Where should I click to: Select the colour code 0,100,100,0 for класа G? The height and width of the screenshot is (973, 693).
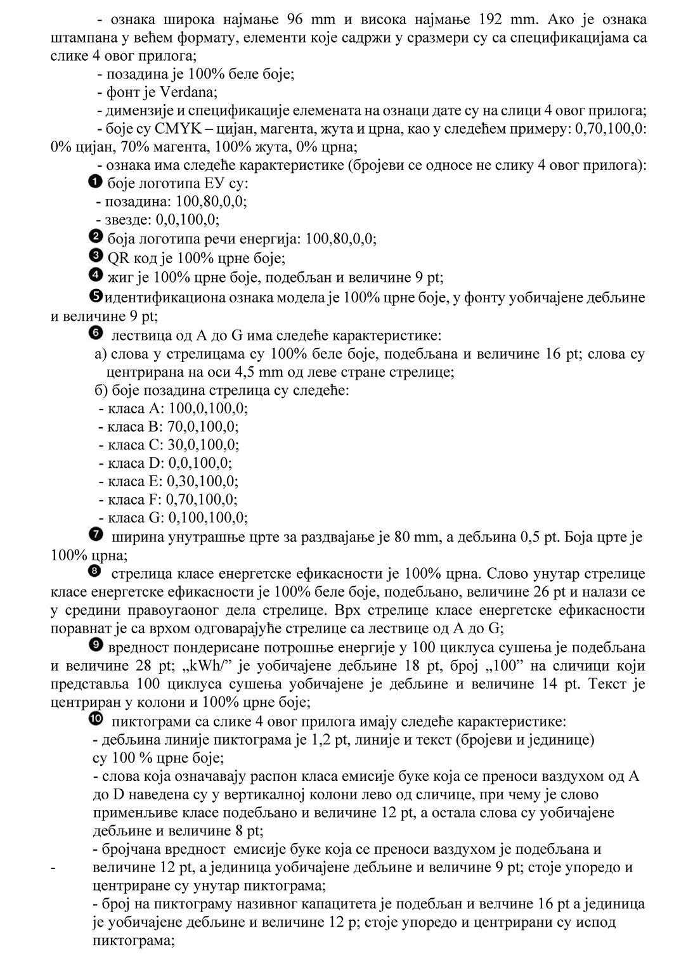(207, 517)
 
